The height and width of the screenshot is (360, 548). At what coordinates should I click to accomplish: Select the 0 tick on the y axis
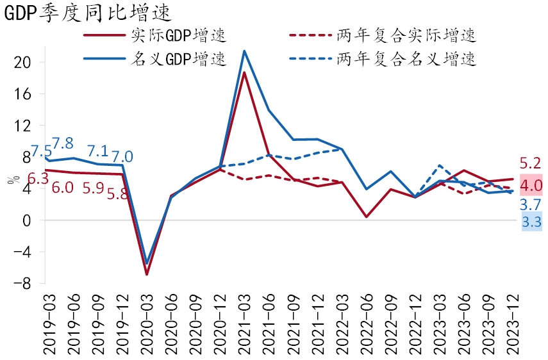(x=27, y=220)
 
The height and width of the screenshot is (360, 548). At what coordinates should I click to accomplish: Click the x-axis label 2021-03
(x=245, y=323)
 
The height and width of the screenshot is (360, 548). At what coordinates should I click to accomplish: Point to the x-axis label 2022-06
(x=367, y=323)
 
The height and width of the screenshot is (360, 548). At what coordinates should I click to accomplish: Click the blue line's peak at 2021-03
(x=244, y=51)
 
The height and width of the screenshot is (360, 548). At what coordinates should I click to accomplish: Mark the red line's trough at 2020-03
(x=147, y=274)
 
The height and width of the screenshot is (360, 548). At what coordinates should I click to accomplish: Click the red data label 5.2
(x=531, y=163)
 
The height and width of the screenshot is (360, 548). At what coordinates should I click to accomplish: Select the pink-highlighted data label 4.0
(x=531, y=186)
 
